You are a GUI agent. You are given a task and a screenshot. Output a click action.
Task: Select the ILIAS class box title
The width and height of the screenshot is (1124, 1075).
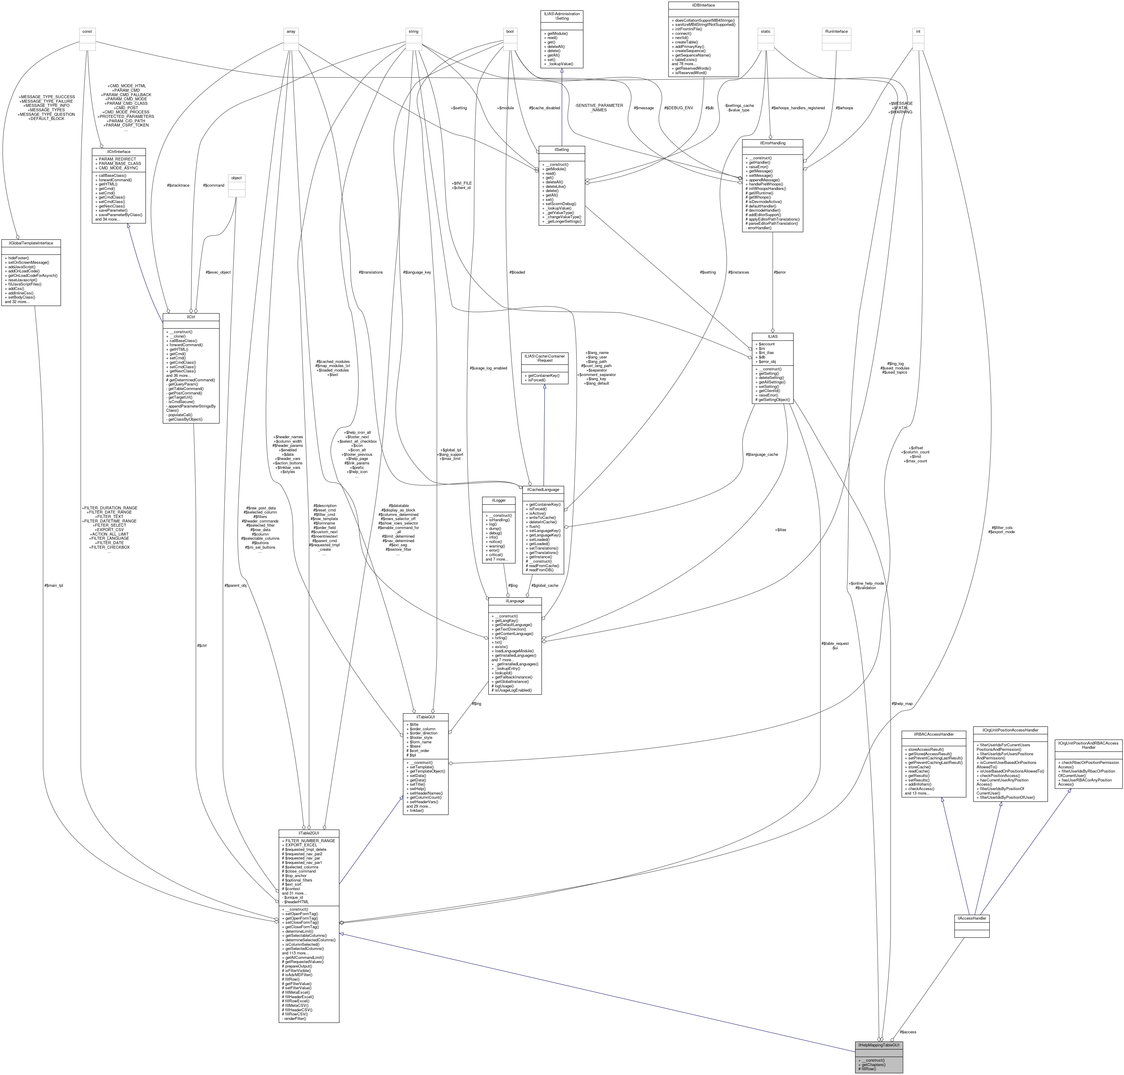tap(772, 336)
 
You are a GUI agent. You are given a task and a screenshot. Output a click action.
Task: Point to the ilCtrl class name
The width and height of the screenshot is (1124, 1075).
tap(191, 316)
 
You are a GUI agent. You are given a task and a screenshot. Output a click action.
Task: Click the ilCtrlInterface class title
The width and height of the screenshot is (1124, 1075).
tap(119, 152)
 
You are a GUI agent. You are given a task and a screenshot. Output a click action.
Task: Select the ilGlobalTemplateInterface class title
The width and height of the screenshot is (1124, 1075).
tap(31, 243)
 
